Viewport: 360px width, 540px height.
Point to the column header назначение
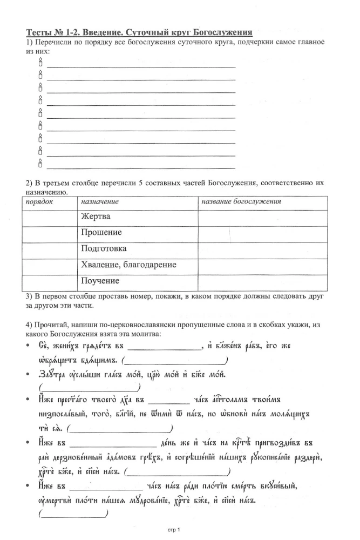100,201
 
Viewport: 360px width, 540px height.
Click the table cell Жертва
96,217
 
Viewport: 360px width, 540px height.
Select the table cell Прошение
101,233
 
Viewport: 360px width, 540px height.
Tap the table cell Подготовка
104,249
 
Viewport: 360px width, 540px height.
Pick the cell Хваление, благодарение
128,265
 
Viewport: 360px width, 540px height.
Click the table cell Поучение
100,281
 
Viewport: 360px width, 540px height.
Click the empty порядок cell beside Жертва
50,217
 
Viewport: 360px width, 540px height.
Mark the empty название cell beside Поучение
262,281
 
